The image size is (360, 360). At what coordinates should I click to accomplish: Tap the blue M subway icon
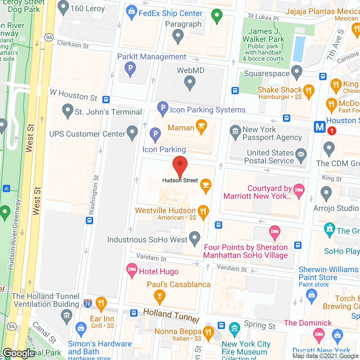click(320, 127)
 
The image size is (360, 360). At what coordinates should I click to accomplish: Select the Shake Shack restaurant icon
click(309, 91)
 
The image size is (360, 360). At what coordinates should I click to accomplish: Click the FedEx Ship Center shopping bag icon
click(131, 12)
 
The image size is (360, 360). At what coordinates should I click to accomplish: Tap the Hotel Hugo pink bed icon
click(132, 270)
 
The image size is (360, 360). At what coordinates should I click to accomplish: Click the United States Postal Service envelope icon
click(301, 155)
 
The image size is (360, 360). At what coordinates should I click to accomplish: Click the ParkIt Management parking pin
click(130, 68)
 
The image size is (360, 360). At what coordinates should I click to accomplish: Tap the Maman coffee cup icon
click(201, 126)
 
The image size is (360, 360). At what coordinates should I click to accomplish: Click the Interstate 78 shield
click(87, 304)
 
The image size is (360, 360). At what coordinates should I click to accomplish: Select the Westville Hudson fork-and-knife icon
click(203, 211)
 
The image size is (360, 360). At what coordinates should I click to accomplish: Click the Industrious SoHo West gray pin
click(195, 238)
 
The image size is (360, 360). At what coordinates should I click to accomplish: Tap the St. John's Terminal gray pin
click(67, 110)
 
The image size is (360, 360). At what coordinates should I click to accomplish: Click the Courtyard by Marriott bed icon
click(299, 190)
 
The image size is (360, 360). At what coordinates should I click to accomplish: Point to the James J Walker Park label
click(264, 35)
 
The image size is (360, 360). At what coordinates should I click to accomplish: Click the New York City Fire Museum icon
click(235, 328)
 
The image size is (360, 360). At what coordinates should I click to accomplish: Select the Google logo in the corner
click(19, 353)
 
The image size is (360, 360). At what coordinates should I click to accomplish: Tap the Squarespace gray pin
click(296, 71)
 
